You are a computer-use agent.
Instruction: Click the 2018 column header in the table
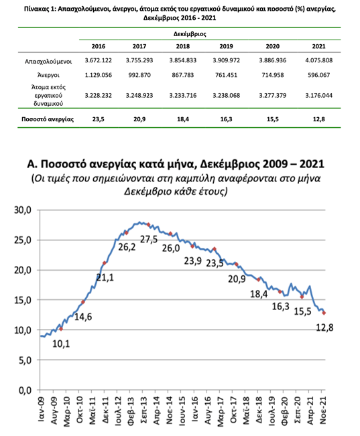coord(182,46)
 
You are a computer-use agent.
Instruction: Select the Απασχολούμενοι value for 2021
coord(319,60)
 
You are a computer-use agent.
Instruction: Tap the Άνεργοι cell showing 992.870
coord(139,75)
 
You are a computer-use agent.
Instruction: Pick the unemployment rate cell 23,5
coord(99,119)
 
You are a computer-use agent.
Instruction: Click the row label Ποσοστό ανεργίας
coord(48,119)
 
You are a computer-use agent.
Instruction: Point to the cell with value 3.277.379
coord(273,95)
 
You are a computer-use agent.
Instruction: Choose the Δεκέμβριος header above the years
coord(190,34)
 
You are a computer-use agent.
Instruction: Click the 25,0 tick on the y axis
coord(23,240)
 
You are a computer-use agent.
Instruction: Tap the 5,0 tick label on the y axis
coord(25,360)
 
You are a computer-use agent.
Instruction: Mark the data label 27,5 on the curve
coord(149,239)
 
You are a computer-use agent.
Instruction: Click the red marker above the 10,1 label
coord(61,329)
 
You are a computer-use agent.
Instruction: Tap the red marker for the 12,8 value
coord(324,313)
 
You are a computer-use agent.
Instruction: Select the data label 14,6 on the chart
coord(83,317)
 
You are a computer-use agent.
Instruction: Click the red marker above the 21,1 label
coord(105,263)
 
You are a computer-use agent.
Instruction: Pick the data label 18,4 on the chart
coord(259,294)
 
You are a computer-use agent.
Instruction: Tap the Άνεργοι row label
coord(48,76)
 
